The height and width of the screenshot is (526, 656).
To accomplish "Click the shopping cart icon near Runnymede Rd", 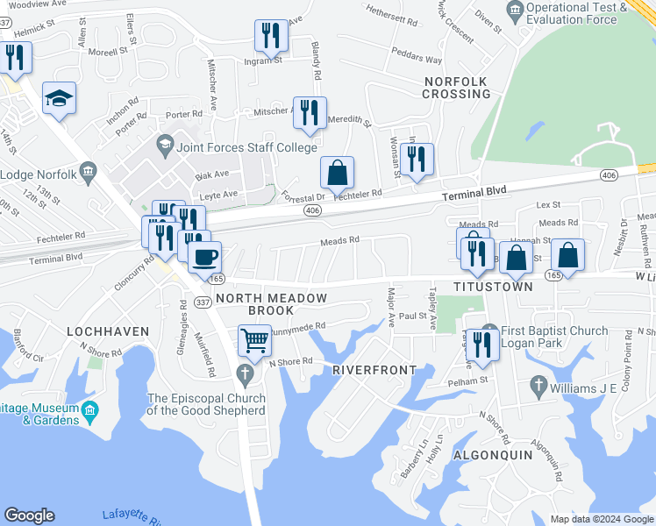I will (x=254, y=339).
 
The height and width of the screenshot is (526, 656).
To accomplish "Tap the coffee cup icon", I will (x=204, y=258).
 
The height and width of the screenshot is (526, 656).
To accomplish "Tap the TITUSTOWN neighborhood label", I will (x=493, y=287).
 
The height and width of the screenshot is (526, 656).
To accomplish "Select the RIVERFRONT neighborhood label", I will (x=374, y=370).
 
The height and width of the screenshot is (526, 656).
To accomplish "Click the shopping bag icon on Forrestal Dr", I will (x=337, y=174).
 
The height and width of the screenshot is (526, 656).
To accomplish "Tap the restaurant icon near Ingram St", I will (x=270, y=36).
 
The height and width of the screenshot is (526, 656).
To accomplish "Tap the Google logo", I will (x=29, y=515).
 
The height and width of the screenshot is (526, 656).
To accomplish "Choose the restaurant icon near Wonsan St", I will (x=418, y=160).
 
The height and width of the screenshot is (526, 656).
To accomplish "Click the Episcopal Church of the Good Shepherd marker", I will (x=246, y=377).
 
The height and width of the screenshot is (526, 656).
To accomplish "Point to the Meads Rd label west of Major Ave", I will (x=339, y=239).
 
